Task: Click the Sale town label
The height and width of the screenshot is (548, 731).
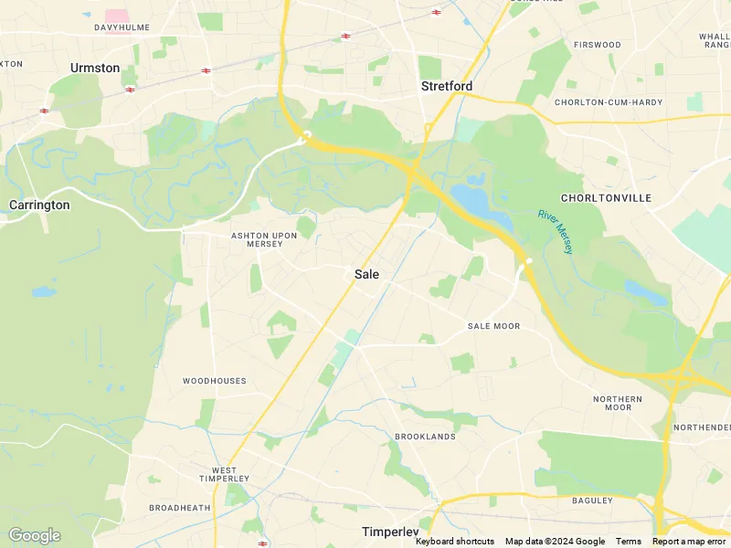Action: (x=366, y=274)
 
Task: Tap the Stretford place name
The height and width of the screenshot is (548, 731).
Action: (x=447, y=87)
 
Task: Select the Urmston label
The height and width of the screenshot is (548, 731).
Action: (x=95, y=68)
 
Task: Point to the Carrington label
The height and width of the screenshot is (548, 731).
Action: (x=39, y=205)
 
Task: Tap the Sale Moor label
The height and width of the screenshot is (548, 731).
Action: (x=493, y=326)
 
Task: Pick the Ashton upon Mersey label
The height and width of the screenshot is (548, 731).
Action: (x=264, y=239)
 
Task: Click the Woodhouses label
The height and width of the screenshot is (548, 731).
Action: (x=214, y=381)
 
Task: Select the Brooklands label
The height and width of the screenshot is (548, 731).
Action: (x=425, y=437)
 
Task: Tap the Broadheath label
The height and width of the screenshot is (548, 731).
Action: (x=179, y=508)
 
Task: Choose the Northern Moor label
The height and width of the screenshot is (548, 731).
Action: (x=618, y=403)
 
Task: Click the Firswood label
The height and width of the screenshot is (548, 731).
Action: (x=597, y=45)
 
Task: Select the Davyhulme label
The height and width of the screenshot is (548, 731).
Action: (x=122, y=27)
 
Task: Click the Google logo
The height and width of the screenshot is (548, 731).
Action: (x=34, y=535)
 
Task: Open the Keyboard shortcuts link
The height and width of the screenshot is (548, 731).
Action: (x=455, y=542)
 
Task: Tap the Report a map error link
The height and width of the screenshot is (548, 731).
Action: (x=689, y=542)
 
